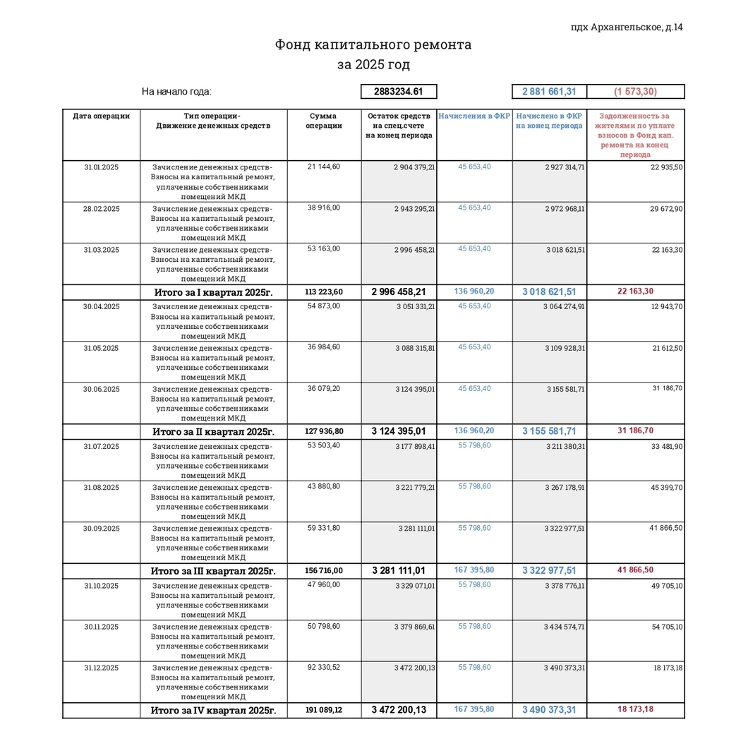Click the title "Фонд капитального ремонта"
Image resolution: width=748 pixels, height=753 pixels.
tap(373, 45)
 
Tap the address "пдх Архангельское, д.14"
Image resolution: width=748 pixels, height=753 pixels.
tap(626, 28)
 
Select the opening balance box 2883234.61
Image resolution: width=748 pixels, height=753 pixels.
tap(399, 92)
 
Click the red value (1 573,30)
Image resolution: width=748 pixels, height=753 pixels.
tap(635, 92)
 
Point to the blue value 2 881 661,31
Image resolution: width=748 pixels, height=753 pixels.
tap(549, 92)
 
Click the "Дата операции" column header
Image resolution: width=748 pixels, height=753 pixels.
tap(102, 116)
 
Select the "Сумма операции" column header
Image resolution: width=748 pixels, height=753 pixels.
tap(324, 121)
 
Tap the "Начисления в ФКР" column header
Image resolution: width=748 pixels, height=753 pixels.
tap(474, 116)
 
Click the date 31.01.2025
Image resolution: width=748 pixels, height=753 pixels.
tap(102, 167)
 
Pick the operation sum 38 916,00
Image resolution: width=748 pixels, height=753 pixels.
tap(324, 207)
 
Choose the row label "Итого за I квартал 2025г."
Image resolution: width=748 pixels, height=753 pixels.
tap(214, 292)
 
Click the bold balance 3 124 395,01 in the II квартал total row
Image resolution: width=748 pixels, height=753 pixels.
tap(399, 431)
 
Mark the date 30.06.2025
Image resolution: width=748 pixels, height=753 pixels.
tap(102, 389)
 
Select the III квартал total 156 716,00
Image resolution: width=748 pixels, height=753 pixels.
tap(324, 571)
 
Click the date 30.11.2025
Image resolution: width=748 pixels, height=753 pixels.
tap(102, 626)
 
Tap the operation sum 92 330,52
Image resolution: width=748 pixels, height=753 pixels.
tap(324, 667)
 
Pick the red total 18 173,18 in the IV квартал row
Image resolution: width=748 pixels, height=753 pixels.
tap(635, 709)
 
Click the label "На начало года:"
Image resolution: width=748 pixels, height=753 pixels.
tap(176, 92)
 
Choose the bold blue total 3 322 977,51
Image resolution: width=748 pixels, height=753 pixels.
tap(549, 571)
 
